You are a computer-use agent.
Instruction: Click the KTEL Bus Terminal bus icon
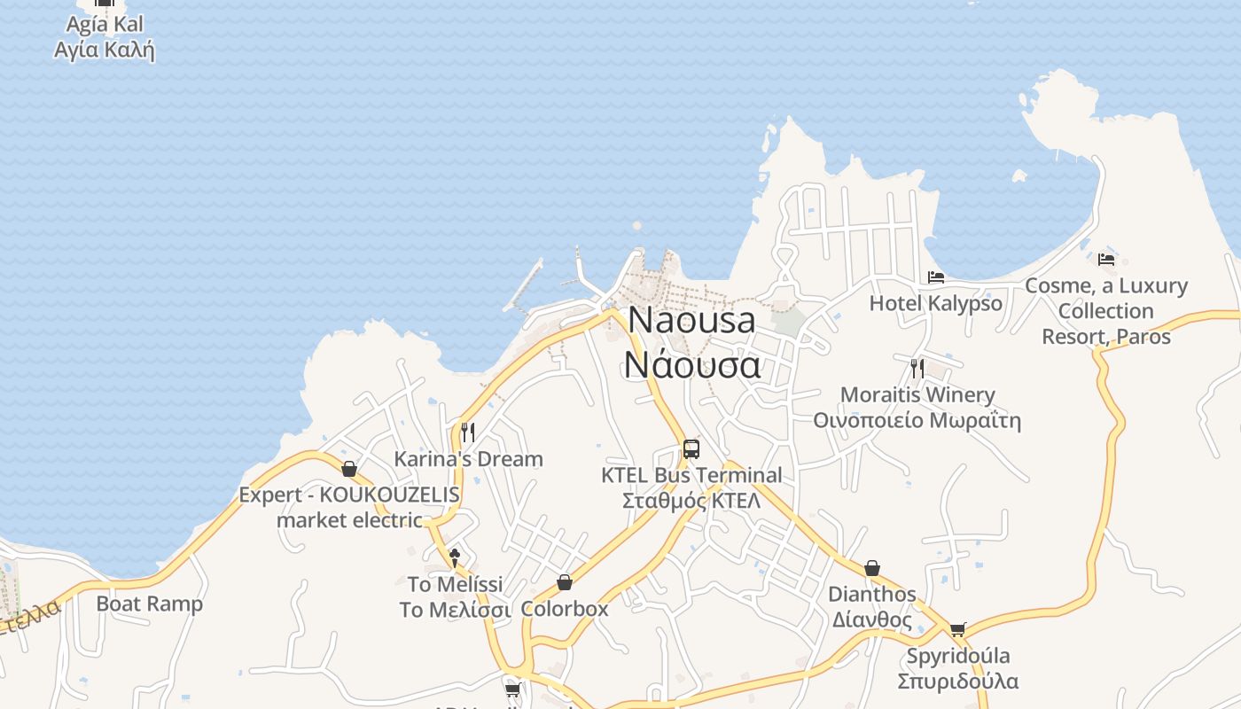(691, 448)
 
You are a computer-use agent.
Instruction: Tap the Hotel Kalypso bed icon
(935, 277)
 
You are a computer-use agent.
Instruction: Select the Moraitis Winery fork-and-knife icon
(917, 368)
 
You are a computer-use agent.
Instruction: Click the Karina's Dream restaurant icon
(468, 432)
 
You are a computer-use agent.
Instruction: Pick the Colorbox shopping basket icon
(564, 582)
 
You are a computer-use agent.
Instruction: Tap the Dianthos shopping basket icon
(872, 567)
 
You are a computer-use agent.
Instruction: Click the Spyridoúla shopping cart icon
(957, 630)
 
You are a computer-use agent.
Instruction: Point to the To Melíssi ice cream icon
(455, 557)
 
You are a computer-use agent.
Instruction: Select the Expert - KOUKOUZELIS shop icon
(349, 469)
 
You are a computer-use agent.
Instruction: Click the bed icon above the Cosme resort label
(1105, 259)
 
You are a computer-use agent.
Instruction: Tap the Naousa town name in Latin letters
(692, 320)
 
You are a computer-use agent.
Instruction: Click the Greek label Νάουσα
(692, 364)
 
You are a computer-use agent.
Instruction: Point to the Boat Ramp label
(149, 604)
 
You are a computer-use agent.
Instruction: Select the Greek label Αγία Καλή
(105, 50)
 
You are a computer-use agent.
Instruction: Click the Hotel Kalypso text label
(935, 303)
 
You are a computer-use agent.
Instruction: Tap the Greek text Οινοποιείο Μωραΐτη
(917, 420)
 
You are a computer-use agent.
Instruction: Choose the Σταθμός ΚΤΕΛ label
(691, 501)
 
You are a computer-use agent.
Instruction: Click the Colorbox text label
(565, 609)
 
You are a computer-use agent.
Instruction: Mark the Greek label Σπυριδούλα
(957, 682)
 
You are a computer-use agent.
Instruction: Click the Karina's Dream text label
(468, 459)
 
